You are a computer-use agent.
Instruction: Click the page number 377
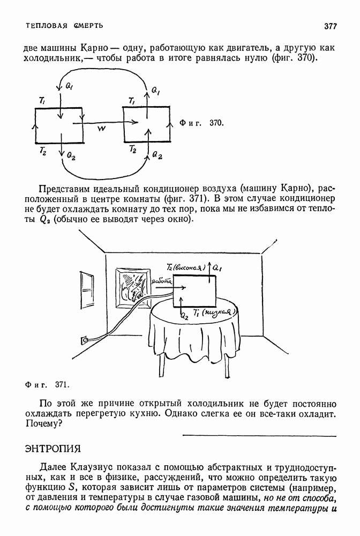[x=329, y=26]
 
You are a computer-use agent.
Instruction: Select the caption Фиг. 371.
[x=48, y=384]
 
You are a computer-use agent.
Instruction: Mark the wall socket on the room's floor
[x=84, y=339]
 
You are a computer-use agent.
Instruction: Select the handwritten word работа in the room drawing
[x=161, y=280]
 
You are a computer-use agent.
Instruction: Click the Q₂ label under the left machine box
[x=71, y=154]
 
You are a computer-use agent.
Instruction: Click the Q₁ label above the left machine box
[x=70, y=85]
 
